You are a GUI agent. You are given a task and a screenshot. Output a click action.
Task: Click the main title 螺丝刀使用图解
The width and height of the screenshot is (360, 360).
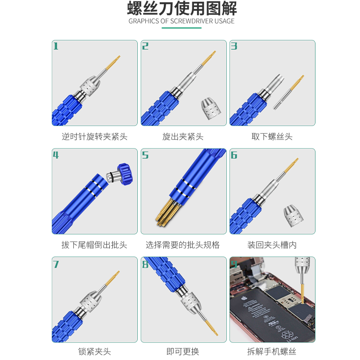[181, 9]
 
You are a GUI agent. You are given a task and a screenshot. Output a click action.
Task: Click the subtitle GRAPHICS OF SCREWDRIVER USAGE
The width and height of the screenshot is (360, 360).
[181, 21]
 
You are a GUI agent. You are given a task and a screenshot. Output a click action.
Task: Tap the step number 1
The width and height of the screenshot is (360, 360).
[56, 46]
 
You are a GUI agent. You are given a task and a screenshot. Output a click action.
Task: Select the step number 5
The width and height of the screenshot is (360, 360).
[145, 155]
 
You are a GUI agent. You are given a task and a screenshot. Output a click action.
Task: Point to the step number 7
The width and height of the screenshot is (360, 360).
[56, 264]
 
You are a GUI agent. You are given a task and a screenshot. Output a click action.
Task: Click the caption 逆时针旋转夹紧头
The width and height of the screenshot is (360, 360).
[94, 136]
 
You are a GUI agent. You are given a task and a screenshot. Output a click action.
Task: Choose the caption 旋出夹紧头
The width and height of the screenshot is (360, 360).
[183, 136]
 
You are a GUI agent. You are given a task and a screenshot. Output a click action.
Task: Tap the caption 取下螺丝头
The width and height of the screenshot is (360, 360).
[272, 136]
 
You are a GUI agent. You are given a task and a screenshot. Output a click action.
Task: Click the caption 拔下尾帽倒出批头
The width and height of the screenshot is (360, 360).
[94, 245]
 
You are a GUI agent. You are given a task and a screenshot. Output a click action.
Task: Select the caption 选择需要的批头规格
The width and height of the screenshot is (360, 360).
[183, 245]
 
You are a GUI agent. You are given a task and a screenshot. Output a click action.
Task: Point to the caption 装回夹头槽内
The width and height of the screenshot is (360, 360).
[272, 245]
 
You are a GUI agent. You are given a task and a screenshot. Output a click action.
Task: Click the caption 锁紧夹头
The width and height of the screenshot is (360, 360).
[94, 351]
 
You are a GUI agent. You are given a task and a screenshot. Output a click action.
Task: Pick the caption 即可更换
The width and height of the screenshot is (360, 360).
[183, 351]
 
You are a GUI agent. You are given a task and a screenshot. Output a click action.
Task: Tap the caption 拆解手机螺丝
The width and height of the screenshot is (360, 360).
[272, 351]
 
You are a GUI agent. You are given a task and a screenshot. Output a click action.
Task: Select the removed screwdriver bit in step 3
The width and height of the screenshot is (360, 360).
[288, 92]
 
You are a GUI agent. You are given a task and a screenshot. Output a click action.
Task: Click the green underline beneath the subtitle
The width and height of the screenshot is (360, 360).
[181, 28]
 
